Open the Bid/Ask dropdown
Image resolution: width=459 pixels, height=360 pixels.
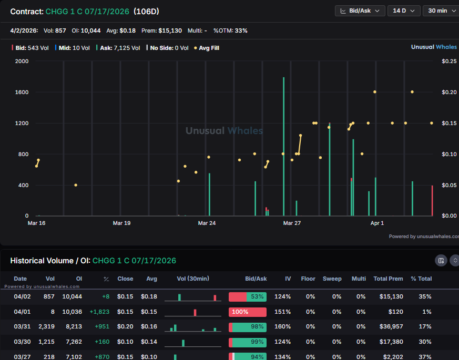360,11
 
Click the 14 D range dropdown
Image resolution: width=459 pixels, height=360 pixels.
404,11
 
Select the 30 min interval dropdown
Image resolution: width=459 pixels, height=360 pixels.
441,11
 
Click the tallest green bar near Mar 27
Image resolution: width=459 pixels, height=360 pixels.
283,147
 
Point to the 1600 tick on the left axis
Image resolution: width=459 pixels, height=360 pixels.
22,92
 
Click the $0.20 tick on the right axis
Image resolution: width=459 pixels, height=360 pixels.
449,92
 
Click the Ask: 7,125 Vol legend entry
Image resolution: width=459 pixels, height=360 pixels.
118,48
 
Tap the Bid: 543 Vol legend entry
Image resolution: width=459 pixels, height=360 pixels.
32,48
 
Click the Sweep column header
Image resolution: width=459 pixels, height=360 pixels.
332,279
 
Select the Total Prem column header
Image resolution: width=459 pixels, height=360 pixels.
388,279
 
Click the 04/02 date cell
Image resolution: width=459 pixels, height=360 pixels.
20,297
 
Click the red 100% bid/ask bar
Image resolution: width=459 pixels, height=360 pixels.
247,312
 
